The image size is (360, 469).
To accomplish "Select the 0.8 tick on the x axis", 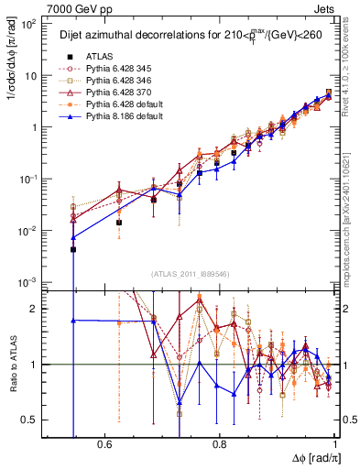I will click(x=220, y=443).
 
